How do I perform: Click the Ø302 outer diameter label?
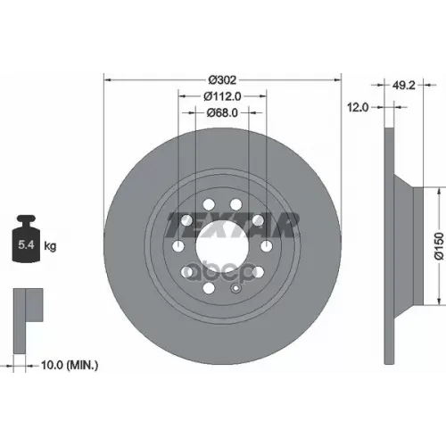(x=221, y=78)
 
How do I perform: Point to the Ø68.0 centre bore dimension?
(x=221, y=113)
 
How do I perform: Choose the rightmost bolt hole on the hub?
(x=265, y=247)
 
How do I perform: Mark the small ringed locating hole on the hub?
(x=235, y=288)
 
